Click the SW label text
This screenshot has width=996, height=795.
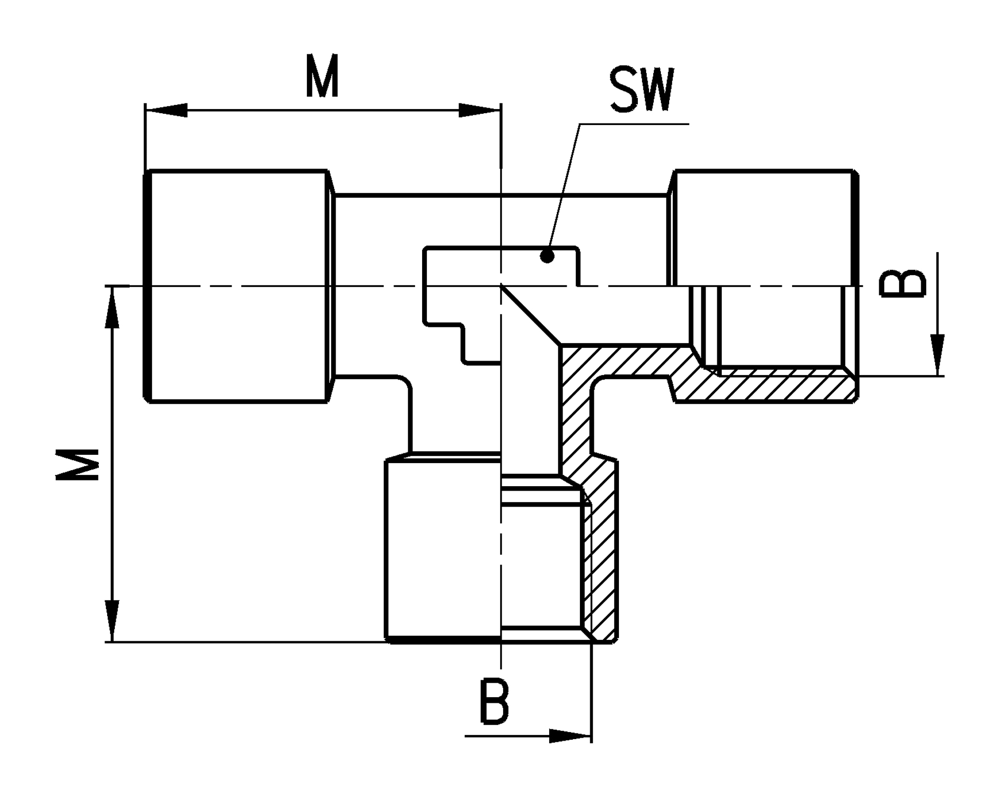click(641, 90)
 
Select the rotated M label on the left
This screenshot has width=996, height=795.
click(77, 465)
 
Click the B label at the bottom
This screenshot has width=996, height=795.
click(494, 702)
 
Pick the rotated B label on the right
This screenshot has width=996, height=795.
click(903, 283)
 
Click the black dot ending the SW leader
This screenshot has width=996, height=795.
click(547, 256)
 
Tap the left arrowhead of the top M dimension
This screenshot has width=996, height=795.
click(167, 110)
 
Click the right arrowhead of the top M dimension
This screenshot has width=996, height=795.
click(480, 110)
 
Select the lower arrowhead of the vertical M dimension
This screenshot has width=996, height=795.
click(112, 621)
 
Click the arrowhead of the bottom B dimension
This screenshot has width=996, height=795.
click(570, 737)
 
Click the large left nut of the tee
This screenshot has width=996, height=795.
click(238, 286)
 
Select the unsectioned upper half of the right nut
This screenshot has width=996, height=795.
click(763, 227)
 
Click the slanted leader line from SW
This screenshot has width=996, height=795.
click(564, 186)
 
